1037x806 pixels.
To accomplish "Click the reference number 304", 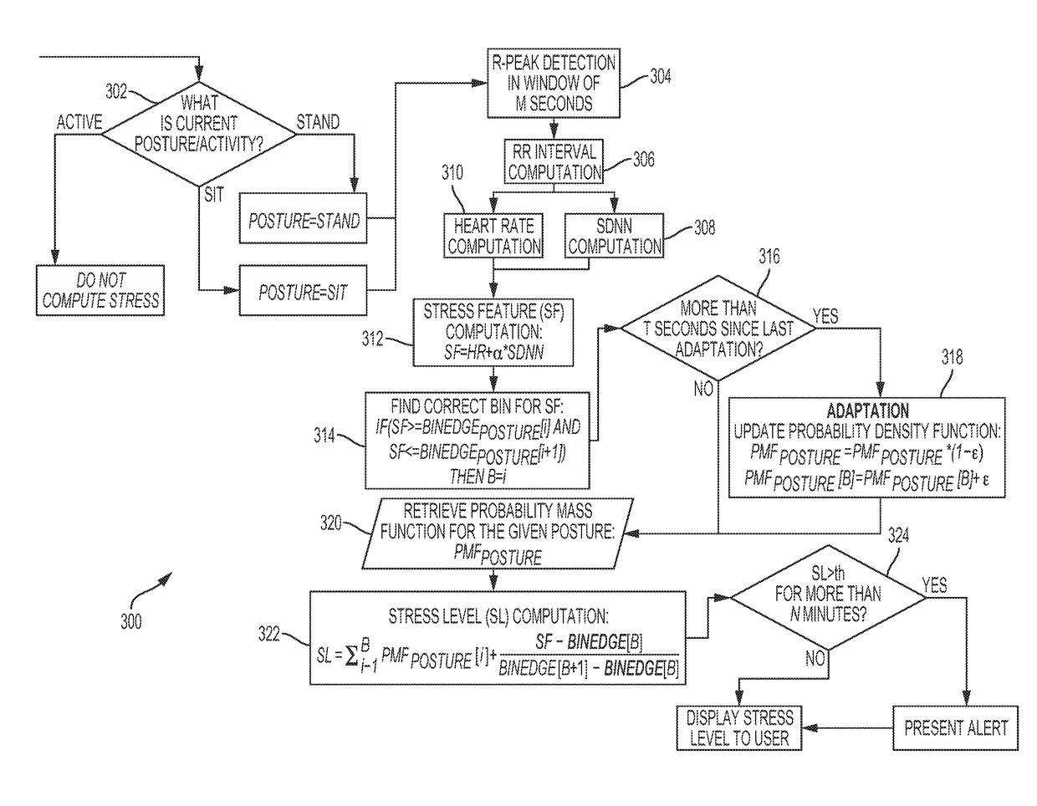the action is [x=661, y=76].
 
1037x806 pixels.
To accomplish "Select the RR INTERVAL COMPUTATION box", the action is [x=554, y=161].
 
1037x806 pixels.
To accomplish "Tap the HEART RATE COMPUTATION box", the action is [x=493, y=236].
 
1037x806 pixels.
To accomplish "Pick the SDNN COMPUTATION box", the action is [x=614, y=236].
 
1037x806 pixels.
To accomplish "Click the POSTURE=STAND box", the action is [x=303, y=218].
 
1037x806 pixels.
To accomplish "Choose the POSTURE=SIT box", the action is [x=303, y=290].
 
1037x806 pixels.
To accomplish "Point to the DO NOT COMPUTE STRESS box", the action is [x=100, y=290].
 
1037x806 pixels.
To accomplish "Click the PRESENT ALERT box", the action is [x=955, y=727].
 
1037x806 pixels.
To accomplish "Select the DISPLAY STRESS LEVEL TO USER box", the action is [x=739, y=727].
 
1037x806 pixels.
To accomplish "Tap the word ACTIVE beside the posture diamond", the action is [x=79, y=122].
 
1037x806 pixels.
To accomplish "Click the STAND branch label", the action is [x=318, y=122].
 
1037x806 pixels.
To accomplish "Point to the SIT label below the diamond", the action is [x=214, y=195].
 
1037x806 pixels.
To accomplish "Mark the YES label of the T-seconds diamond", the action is [x=825, y=316].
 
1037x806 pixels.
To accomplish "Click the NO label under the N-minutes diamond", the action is [x=815, y=659].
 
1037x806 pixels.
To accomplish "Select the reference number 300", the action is [x=130, y=621].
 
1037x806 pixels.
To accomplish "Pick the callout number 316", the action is [x=769, y=257].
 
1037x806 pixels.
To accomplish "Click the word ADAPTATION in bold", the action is [x=867, y=411].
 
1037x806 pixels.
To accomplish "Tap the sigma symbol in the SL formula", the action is [x=352, y=656].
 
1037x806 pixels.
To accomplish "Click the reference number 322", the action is [x=268, y=634].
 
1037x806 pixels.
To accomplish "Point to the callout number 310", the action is [x=452, y=172].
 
